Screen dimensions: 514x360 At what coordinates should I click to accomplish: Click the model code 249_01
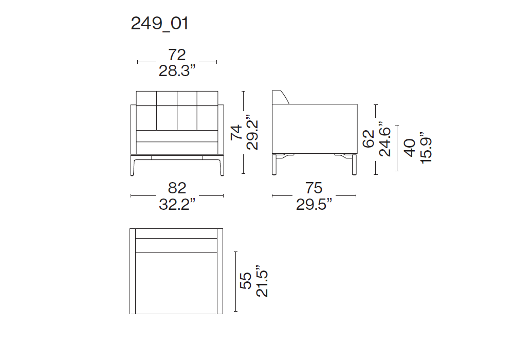tap(160, 24)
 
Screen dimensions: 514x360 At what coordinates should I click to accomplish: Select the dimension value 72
tap(177, 55)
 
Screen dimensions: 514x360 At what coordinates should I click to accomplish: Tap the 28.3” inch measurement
tap(177, 71)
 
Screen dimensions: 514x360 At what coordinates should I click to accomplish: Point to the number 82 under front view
tap(177, 188)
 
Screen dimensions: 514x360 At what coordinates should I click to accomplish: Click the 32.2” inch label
tap(177, 204)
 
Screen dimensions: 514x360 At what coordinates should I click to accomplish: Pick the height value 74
tap(236, 133)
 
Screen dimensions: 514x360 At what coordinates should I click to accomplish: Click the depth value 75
tap(314, 188)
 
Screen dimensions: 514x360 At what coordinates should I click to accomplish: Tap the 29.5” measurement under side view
tap(314, 204)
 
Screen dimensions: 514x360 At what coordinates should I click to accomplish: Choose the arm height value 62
tap(369, 139)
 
